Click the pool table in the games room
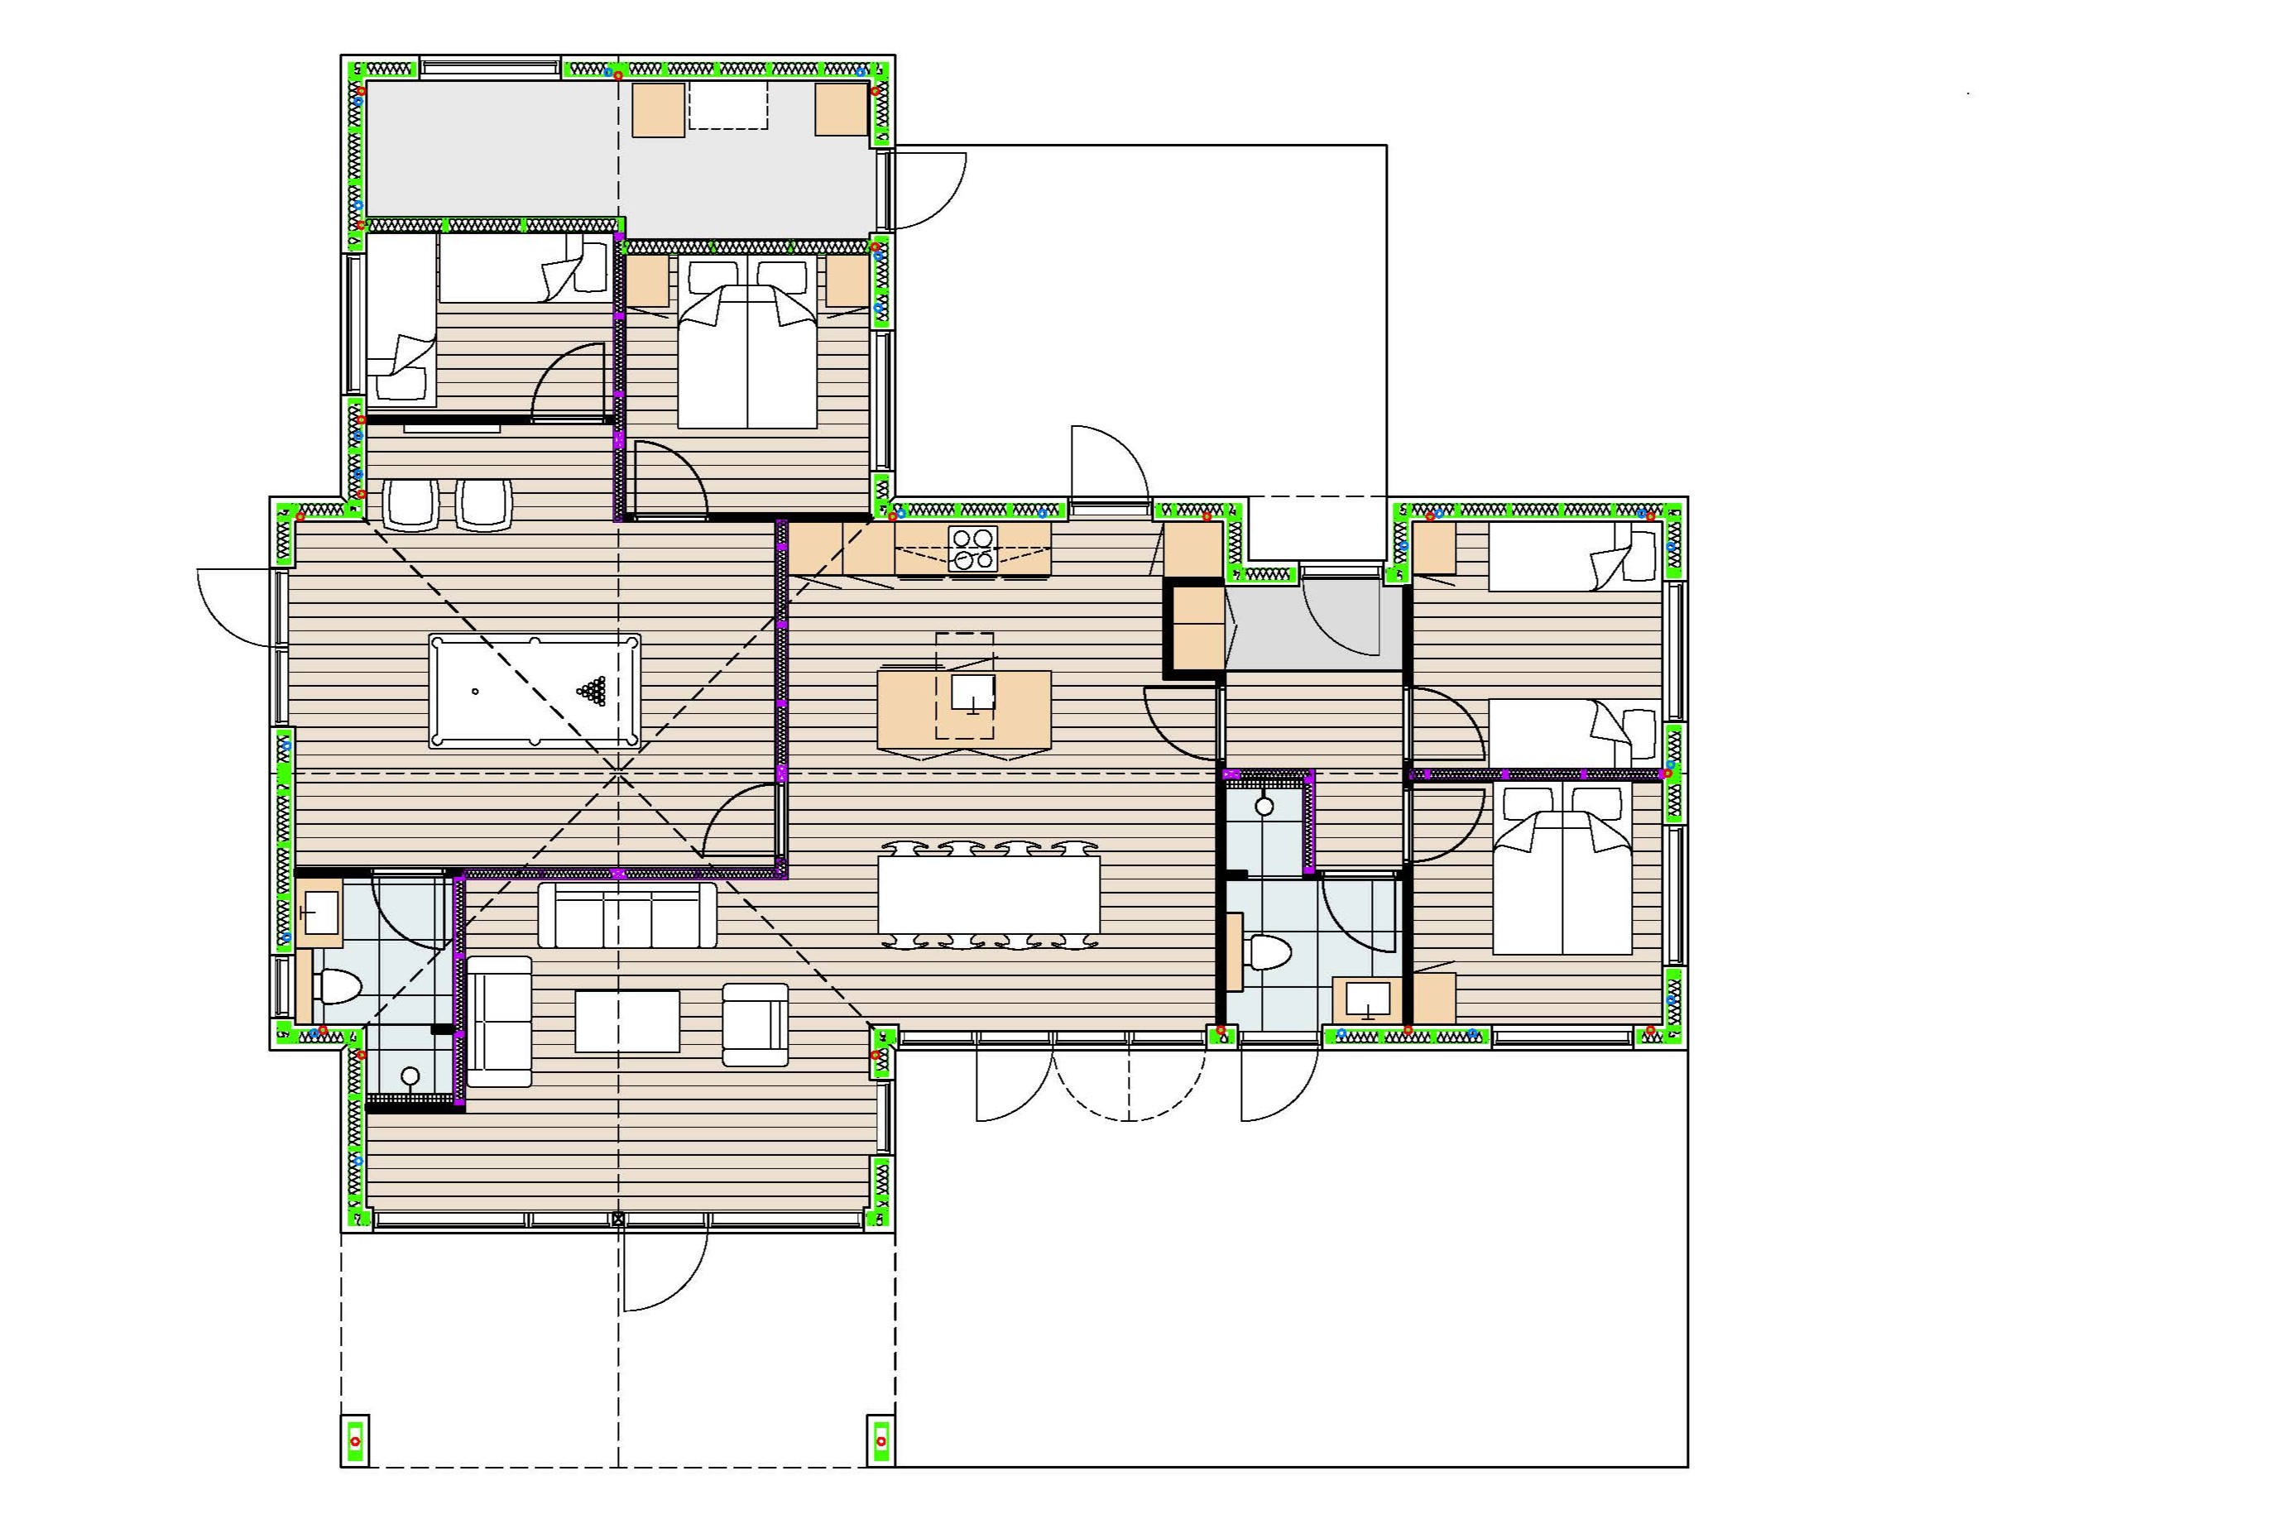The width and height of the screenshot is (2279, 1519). (534, 691)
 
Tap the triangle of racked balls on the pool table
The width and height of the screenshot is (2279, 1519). (591, 690)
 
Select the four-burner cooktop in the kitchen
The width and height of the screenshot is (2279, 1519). (972, 549)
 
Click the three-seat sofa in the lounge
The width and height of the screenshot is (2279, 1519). (627, 914)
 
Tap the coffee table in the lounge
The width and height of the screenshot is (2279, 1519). (627, 1020)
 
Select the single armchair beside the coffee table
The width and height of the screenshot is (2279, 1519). (755, 1025)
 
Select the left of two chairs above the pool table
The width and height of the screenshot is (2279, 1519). (410, 505)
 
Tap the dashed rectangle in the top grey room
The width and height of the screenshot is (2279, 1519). (727, 106)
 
